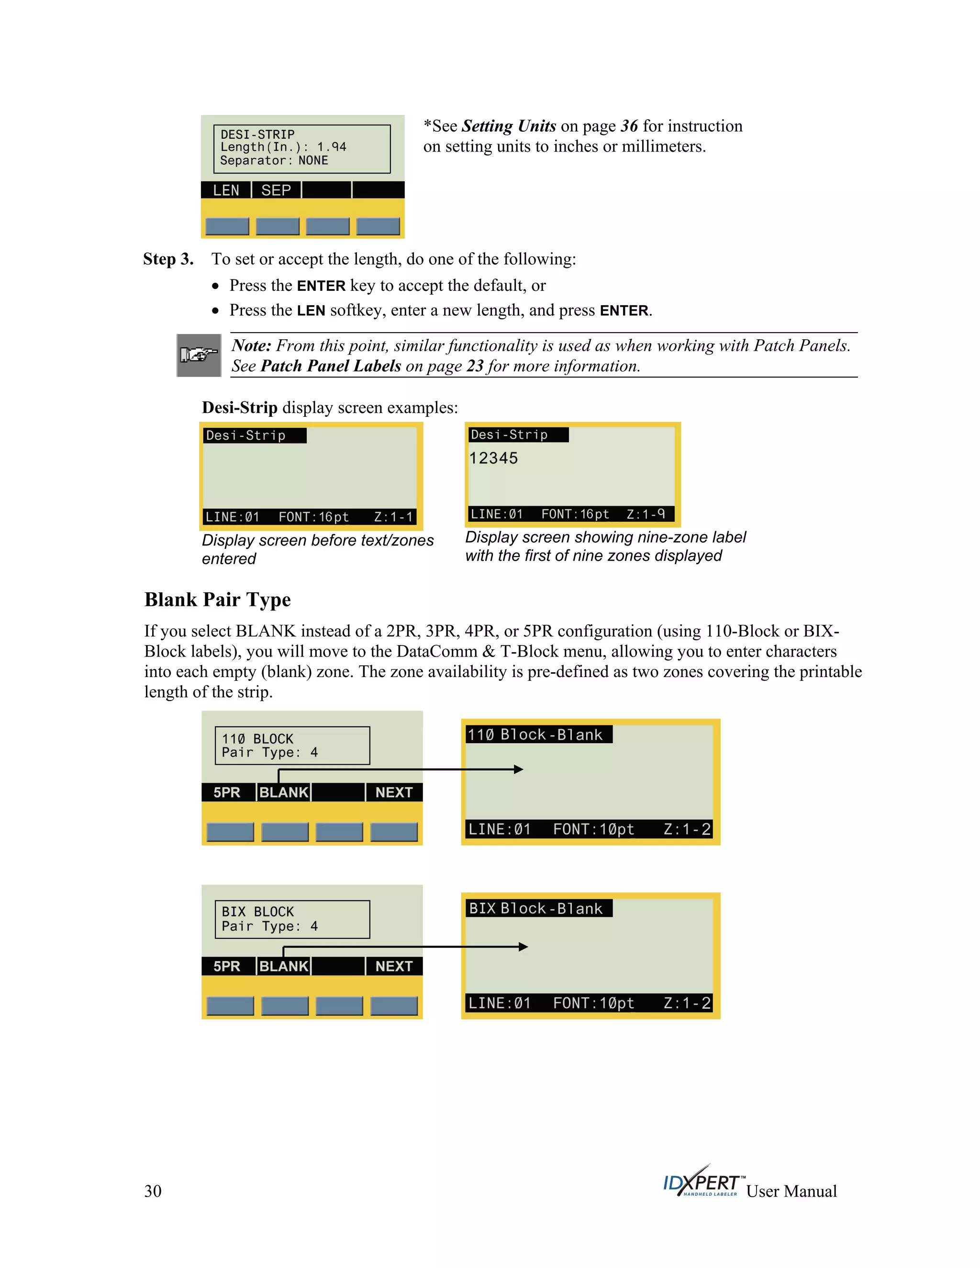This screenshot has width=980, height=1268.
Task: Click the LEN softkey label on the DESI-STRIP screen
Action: tap(226, 190)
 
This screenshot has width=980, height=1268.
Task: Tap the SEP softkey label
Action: tap(276, 190)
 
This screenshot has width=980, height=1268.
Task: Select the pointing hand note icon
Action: tap(199, 355)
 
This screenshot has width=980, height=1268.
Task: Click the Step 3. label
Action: tap(168, 259)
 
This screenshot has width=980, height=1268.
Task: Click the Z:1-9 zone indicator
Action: tap(646, 514)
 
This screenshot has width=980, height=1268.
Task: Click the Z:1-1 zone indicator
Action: tap(393, 517)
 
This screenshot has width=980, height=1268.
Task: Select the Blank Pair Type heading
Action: tap(218, 600)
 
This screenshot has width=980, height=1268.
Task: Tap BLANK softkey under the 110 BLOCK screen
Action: tap(283, 792)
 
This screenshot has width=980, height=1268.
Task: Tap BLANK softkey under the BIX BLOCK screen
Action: tap(283, 966)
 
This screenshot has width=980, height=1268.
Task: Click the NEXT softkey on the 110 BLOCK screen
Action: tap(394, 792)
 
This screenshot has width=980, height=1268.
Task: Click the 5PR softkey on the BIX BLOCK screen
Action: tap(226, 966)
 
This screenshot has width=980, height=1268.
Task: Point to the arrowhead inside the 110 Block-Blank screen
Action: tap(518, 769)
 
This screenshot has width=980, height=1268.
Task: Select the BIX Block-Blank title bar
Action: tap(536, 909)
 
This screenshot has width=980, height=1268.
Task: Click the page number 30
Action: tap(153, 1191)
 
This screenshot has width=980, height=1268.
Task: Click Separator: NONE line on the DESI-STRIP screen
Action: tap(274, 161)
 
